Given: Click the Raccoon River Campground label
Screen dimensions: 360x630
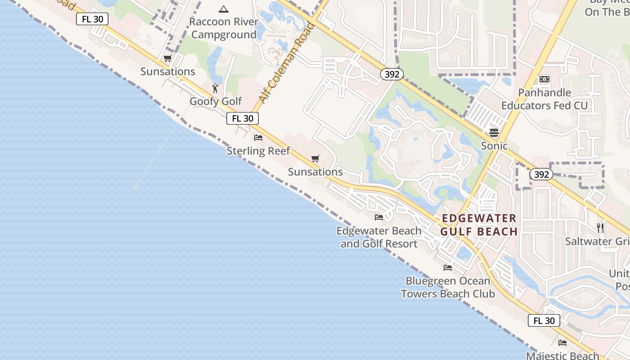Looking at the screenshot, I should click(x=224, y=28).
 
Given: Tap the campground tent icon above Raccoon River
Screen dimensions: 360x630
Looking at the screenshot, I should click(x=224, y=9).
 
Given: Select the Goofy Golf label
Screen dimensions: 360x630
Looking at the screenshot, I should click(x=216, y=101).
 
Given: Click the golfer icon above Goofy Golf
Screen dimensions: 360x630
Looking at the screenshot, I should click(x=215, y=88).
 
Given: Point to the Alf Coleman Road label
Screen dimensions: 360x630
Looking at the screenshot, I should click(x=286, y=63).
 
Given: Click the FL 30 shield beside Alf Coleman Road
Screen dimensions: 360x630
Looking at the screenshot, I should click(x=243, y=118).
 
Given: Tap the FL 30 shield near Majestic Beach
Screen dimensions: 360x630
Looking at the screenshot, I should click(x=544, y=320).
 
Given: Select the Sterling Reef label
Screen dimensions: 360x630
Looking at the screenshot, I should click(x=258, y=151).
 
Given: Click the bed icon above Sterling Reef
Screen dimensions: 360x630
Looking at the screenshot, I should click(x=258, y=137).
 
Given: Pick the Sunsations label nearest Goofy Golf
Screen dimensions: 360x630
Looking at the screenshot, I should click(x=168, y=72).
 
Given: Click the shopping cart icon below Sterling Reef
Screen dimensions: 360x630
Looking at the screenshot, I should click(x=315, y=159).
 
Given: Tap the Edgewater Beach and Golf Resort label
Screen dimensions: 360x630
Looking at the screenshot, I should click(x=379, y=237).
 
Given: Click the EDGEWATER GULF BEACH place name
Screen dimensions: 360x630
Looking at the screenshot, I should click(x=479, y=225).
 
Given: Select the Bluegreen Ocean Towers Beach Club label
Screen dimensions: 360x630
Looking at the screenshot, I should click(x=448, y=288).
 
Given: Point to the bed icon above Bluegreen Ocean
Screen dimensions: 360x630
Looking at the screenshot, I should click(x=448, y=267).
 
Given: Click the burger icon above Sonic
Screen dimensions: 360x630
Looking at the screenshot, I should click(x=494, y=132).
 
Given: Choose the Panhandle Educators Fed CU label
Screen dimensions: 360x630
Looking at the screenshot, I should click(x=544, y=99).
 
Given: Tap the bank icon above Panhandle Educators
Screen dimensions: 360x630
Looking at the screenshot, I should click(x=544, y=79).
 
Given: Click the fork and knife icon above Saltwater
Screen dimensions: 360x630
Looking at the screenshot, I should click(x=600, y=228).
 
